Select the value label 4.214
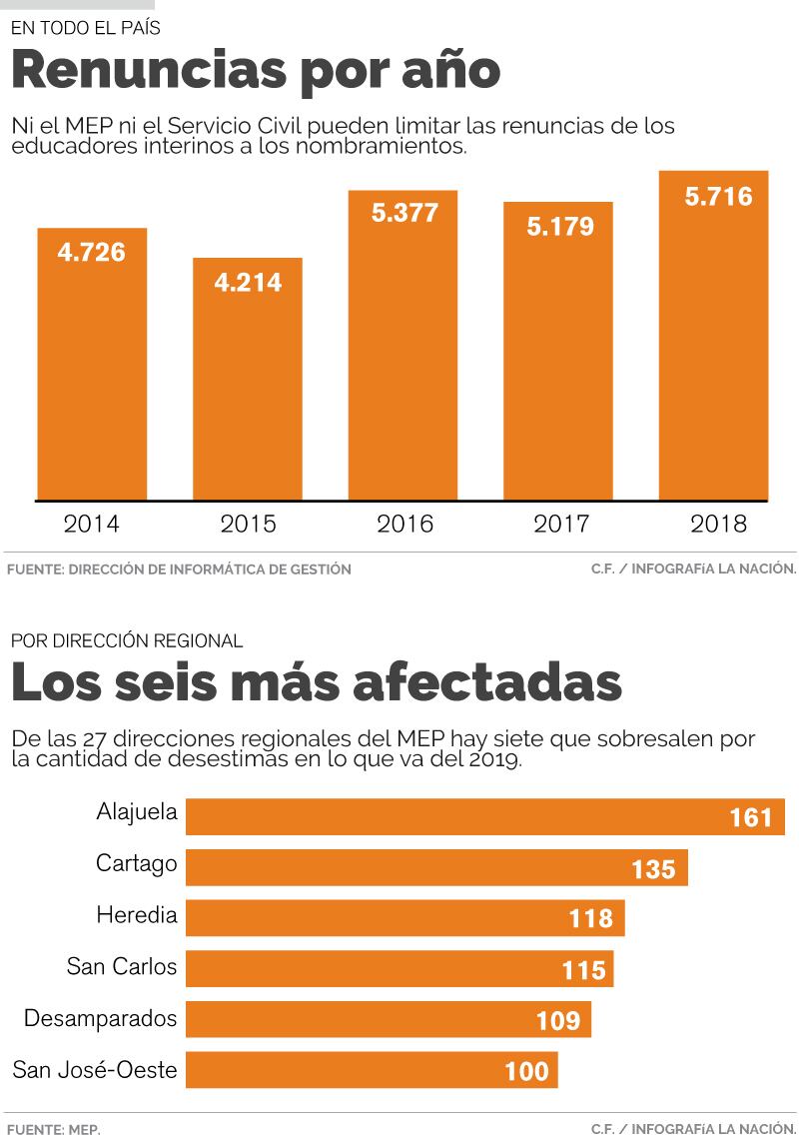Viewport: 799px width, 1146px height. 248,283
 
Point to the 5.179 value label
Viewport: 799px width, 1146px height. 559,227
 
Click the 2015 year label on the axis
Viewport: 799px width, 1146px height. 248,524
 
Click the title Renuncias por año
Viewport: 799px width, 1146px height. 256,70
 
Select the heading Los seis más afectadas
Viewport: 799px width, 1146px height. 316,682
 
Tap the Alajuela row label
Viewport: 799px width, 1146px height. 137,812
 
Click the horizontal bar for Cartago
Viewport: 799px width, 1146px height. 436,867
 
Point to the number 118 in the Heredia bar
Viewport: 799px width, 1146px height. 590,918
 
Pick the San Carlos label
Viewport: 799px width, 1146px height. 122,966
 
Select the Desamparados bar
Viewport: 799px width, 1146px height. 389,1020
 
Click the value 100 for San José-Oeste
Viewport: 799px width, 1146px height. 526,1072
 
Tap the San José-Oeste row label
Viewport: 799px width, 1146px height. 95,1070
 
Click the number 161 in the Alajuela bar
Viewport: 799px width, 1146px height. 751,818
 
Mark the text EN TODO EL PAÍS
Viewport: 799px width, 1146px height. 85,28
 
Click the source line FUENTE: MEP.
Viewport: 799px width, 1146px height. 54,1129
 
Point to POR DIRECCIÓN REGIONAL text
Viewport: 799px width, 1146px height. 127,640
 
